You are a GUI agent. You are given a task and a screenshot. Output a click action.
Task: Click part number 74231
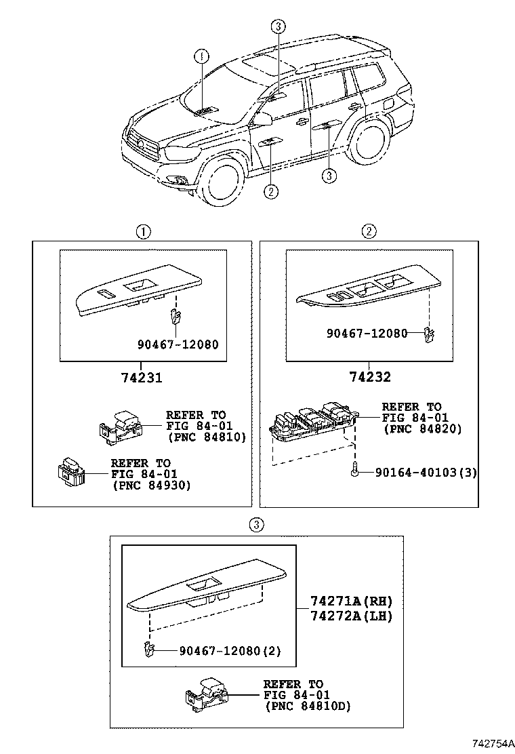tap(142, 377)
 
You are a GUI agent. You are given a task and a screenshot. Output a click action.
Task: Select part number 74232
tap(370, 377)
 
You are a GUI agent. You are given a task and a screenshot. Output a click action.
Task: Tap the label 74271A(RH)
tap(352, 601)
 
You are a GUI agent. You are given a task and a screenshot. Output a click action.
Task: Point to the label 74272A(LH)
tap(352, 616)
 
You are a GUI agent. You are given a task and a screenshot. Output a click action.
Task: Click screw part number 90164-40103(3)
tap(426, 472)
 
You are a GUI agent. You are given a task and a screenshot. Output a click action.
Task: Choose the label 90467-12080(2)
tap(230, 650)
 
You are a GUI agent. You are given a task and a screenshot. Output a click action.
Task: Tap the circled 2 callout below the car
tap(270, 191)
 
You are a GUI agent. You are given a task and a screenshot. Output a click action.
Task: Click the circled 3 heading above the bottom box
tap(256, 524)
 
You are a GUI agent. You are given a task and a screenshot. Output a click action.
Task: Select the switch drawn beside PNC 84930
tap(70, 471)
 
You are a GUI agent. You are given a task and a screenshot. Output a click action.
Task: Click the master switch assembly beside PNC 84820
tap(312, 423)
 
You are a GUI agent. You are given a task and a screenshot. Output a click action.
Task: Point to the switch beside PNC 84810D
tap(208, 694)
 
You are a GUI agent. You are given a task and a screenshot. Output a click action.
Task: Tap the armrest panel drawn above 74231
tap(139, 292)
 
